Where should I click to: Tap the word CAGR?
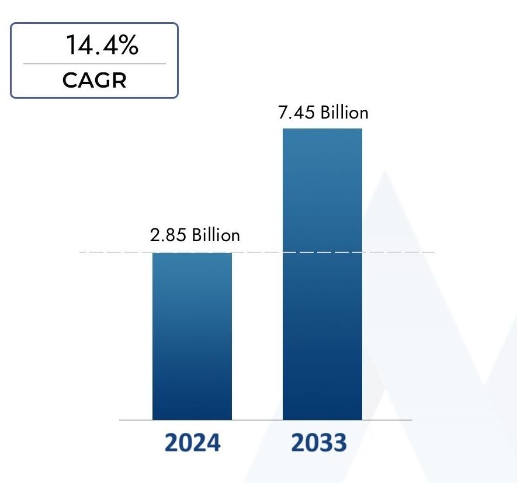pos(94,80)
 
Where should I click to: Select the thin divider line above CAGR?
pos(94,64)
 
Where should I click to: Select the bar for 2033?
pos(322,274)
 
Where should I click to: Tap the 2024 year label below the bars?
pos(192,443)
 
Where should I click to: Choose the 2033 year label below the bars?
pos(318,443)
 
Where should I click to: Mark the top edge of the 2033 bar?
pos(322,128)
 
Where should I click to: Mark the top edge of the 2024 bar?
pos(192,253)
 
